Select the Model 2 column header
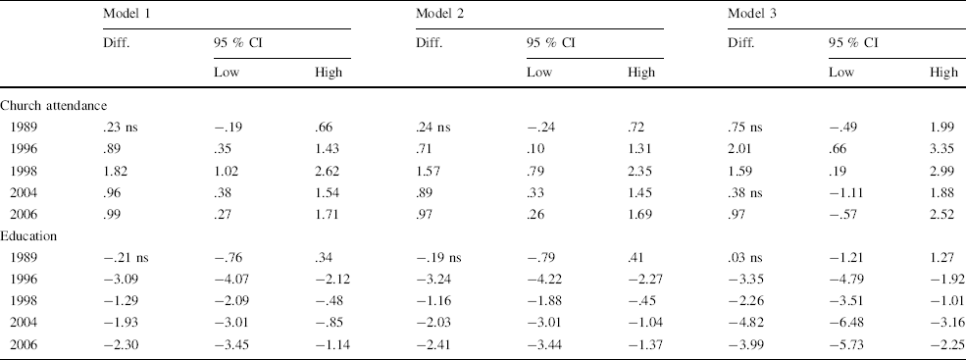tap(439, 12)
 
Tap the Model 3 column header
tap(751, 12)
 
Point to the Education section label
tap(30, 236)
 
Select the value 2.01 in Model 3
tap(742, 148)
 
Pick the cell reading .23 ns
tap(123, 127)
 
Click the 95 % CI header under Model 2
tap(549, 41)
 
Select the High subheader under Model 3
tap(943, 73)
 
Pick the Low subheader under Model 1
tap(227, 73)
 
